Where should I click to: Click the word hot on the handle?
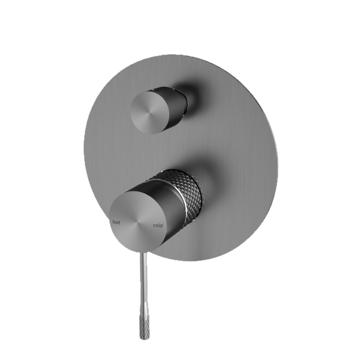click(116, 222)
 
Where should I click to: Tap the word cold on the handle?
click(157, 226)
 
